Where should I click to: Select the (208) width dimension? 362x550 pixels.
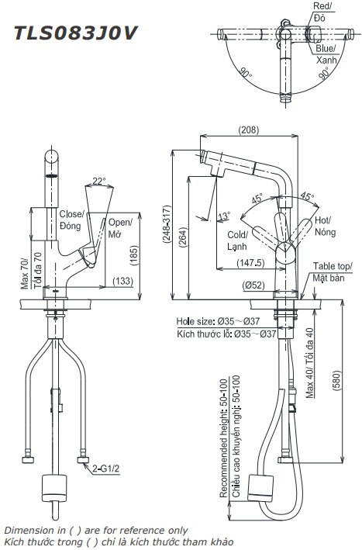249,130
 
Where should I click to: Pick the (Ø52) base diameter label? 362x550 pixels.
253,283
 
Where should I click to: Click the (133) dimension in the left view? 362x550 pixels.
121,281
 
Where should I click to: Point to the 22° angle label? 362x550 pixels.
98,182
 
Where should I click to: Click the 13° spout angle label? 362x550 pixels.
225,215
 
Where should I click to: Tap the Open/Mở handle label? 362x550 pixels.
119,227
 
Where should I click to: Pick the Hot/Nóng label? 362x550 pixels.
324,226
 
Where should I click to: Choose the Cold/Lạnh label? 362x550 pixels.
236,239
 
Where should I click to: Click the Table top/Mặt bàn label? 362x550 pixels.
333,272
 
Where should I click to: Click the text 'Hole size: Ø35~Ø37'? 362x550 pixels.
219,320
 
